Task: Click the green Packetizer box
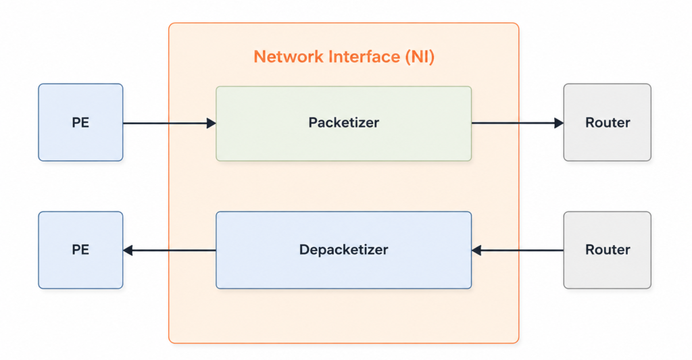(x=344, y=124)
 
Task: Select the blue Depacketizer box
(x=344, y=250)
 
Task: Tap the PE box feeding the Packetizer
(x=81, y=123)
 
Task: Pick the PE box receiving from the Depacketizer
(x=81, y=250)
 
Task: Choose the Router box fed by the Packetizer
(x=608, y=123)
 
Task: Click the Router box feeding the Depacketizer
(x=608, y=250)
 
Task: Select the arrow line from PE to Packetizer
(x=170, y=123)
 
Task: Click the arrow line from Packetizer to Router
(x=518, y=123)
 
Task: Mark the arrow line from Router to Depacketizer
(x=518, y=251)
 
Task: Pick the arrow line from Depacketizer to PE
(x=170, y=251)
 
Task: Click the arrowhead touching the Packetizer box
(x=212, y=123)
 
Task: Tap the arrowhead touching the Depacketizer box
(x=476, y=251)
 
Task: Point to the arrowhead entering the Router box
(x=559, y=123)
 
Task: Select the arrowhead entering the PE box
(x=128, y=251)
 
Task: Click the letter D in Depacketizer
(x=305, y=250)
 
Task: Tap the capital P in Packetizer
(x=313, y=122)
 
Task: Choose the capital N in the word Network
(x=259, y=57)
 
